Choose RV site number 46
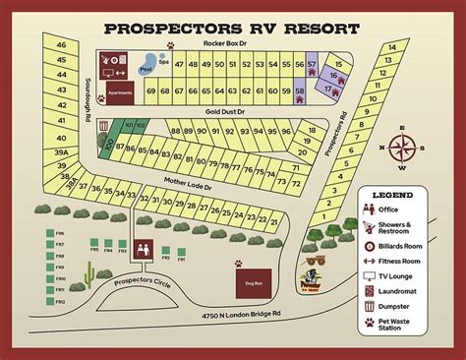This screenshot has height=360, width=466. pyautogui.click(x=61, y=45)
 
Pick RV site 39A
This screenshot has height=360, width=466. pyautogui.click(x=61, y=153)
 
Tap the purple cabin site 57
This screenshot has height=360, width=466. pyautogui.click(x=312, y=67)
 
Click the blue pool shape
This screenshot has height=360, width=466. pyautogui.click(x=147, y=69)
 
